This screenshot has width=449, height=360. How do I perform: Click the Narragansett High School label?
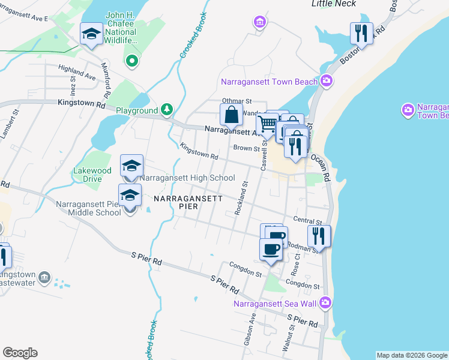click(x=187, y=178)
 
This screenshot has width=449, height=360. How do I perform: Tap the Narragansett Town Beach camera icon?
click(x=327, y=80)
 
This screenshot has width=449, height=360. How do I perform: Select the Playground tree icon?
click(x=167, y=110)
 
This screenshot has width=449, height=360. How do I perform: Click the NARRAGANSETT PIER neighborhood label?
click(x=188, y=202)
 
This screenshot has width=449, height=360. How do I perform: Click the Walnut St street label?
click(x=292, y=336)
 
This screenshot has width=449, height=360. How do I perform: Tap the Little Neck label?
click(x=334, y=4)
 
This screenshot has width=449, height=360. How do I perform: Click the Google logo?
click(x=20, y=353)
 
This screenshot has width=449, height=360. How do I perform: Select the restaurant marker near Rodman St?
click(x=319, y=236)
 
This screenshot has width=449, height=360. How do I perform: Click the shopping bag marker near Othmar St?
click(x=231, y=115)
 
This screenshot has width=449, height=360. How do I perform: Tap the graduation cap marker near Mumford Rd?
click(x=91, y=34)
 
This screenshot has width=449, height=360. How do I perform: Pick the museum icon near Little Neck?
click(x=259, y=23)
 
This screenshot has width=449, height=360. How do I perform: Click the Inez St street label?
click(x=73, y=86)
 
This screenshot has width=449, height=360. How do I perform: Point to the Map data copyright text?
click(x=412, y=355)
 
